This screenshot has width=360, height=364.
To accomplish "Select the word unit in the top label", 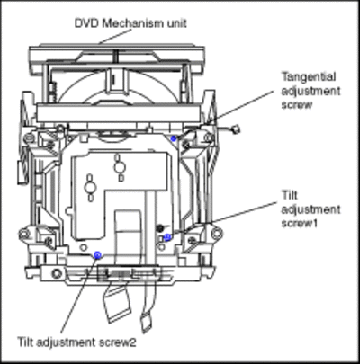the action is click(x=174, y=23).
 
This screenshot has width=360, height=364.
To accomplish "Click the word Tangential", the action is click(x=309, y=77).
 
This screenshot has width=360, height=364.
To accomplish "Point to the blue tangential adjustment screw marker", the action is click(x=173, y=138).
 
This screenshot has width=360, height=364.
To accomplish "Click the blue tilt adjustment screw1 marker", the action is click(x=167, y=237).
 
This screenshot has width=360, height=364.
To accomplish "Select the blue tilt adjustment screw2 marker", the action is click(x=97, y=255).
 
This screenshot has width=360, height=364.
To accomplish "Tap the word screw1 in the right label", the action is click(x=300, y=223).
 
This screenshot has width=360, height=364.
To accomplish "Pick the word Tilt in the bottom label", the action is click(x=25, y=342).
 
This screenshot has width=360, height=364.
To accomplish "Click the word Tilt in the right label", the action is click(x=290, y=195).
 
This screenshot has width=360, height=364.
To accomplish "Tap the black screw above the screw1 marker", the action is click(x=160, y=227).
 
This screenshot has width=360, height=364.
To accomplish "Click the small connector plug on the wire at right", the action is click(x=237, y=129).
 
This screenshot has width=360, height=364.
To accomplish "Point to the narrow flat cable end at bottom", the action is click(x=147, y=322).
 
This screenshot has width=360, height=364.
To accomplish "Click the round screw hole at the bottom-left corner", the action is click(x=56, y=273).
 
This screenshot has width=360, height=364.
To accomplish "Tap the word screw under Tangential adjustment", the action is click(x=297, y=105).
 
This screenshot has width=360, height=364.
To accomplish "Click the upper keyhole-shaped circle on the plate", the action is click(x=119, y=166).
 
